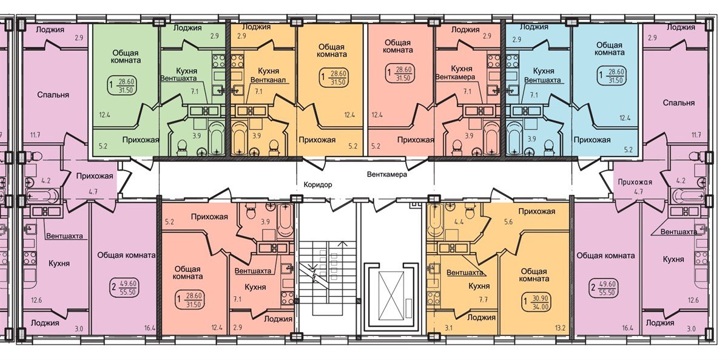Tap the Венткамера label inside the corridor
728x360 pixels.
click(386, 174)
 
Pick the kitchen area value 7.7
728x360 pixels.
click(484, 299)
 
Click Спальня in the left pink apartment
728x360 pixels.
click(53, 95)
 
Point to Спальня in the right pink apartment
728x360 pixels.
click(678, 103)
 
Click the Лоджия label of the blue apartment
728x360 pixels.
click(534, 27)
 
